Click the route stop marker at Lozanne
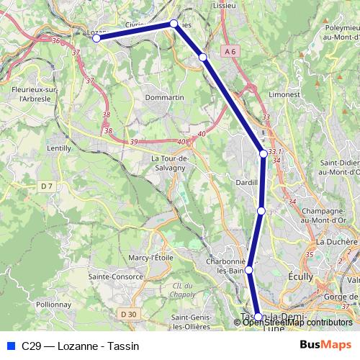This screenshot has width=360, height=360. (x=96, y=38)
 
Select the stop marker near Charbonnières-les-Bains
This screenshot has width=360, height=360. (x=249, y=270)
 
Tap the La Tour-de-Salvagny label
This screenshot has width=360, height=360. (x=170, y=163)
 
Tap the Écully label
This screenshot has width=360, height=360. (x=300, y=276)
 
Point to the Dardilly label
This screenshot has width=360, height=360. (x=247, y=183)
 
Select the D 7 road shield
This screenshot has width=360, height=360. (x=47, y=186)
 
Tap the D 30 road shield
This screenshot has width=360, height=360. (x=129, y=314)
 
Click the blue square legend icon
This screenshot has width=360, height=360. (x=9, y=346)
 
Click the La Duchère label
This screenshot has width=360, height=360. (x=336, y=241)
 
